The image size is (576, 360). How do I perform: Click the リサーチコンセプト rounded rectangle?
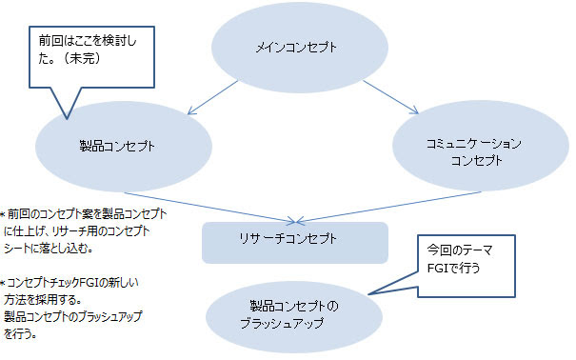[295, 242]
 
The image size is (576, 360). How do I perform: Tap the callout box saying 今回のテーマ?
[468, 258]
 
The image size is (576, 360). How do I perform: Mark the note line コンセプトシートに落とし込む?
[57, 247]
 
